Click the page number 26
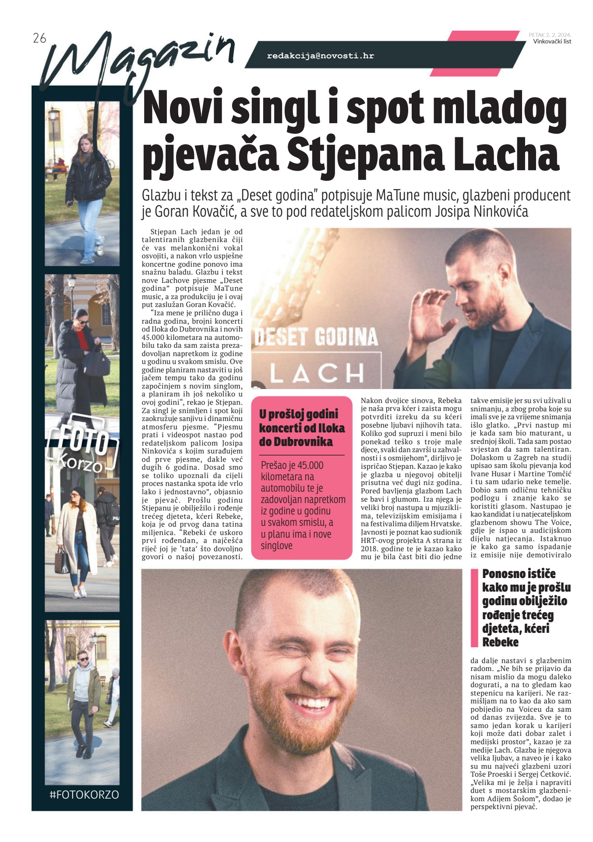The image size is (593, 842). point(39,39)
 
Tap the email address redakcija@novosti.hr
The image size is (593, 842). point(320,56)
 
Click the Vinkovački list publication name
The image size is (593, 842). point(552,42)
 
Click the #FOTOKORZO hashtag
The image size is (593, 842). point(84,794)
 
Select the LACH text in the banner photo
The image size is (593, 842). point(317,373)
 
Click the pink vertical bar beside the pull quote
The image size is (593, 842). point(474,607)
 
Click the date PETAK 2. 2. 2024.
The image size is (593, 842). point(550,35)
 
